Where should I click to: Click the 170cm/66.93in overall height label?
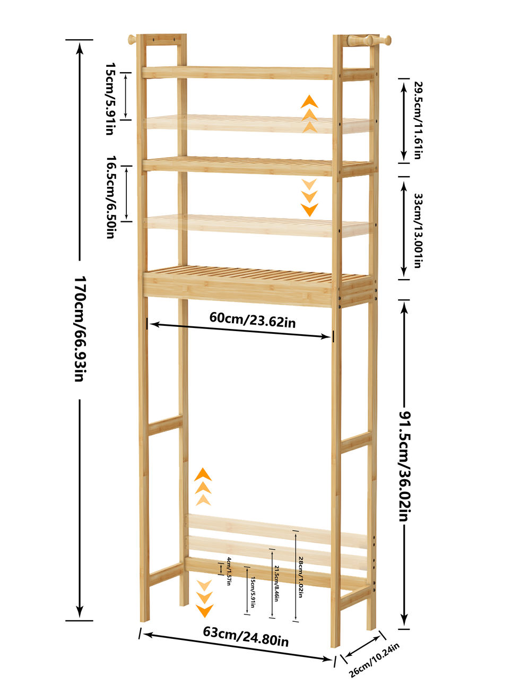pyautogui.click(x=80, y=329)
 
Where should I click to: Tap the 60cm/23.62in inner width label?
pyautogui.click(x=252, y=319)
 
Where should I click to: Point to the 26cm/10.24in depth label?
pyautogui.click(x=374, y=660)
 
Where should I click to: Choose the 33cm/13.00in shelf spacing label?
pyautogui.click(x=418, y=230)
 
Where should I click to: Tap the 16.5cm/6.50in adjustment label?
pyautogui.click(x=110, y=197)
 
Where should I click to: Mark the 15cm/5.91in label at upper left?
pyautogui.click(x=110, y=99)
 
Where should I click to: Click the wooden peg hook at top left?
pyautogui.click(x=132, y=39)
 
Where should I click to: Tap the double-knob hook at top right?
pyautogui.click(x=369, y=40)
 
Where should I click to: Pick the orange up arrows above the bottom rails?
pyautogui.click(x=203, y=487)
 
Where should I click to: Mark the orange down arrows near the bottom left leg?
pyautogui.click(x=204, y=598)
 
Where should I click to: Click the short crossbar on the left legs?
pyautogui.click(x=165, y=425)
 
